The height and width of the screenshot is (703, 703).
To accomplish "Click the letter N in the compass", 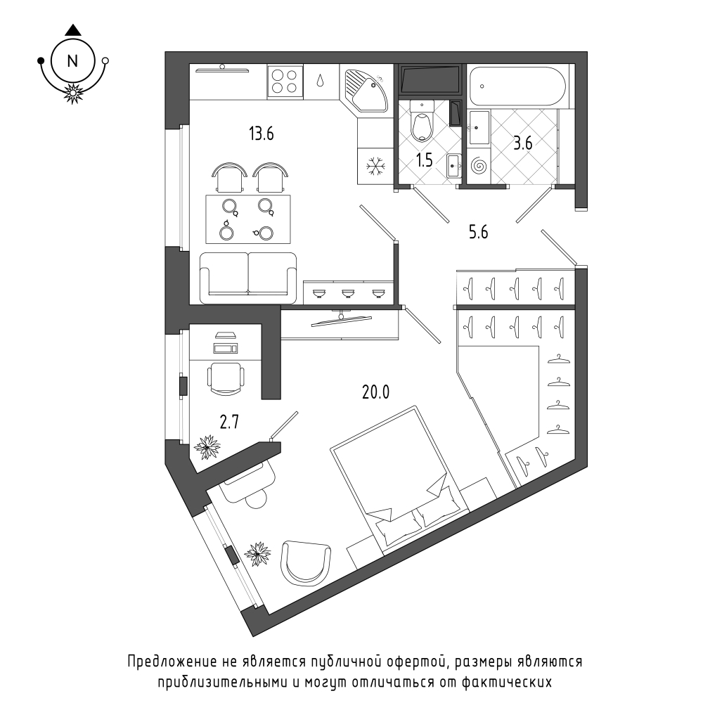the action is tap(72, 61).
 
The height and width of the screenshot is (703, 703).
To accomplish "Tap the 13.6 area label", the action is tap(262, 134).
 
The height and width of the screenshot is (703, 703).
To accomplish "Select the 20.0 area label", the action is tap(375, 392).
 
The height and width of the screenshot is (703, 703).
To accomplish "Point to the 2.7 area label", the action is tap(229, 422).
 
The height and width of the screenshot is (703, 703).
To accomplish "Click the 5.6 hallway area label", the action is tap(478, 232).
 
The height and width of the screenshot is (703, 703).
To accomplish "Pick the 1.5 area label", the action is tap(424, 160).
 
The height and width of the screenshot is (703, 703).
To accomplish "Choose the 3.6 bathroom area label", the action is tap(523, 143).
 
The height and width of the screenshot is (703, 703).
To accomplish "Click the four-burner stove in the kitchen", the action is tap(285, 81).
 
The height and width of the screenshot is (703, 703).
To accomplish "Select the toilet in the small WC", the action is tap(423, 120).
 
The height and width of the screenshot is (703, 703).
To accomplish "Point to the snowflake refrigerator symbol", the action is tap(375, 167).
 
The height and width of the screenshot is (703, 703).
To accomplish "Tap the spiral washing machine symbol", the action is tap(479, 166).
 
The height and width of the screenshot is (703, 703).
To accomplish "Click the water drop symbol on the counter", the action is tap(321, 80).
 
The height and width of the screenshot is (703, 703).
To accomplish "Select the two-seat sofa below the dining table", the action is tap(248, 278).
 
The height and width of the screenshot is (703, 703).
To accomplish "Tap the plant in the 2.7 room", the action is tap(207, 446).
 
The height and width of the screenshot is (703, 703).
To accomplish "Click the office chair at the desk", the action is tap(226, 379).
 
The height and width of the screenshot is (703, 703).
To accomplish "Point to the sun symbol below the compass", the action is tap(72, 93).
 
